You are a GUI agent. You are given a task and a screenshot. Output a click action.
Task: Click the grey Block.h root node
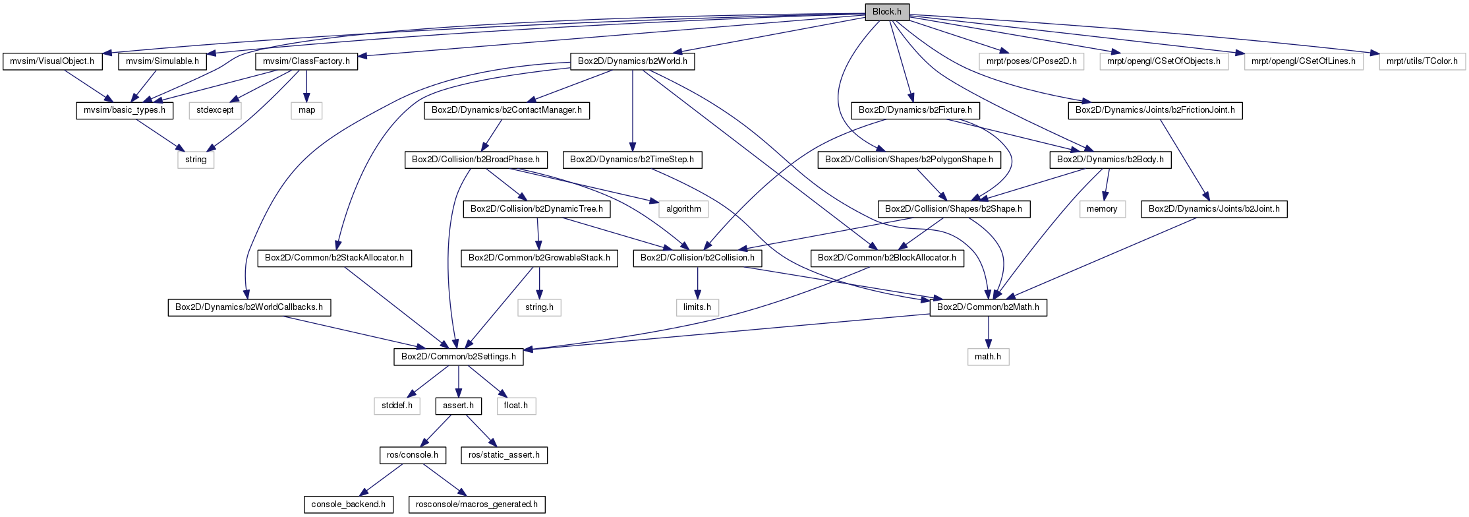coord(886,12)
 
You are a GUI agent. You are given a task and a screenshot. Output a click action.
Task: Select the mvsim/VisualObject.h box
coord(52,61)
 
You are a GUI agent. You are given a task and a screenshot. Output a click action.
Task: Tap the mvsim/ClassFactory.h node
coord(306,61)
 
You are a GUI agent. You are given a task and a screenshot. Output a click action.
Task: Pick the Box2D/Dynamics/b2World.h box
coord(632,61)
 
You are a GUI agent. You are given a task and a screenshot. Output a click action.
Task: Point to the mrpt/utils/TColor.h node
coord(1422,61)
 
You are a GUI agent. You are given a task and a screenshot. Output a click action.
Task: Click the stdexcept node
coord(215,110)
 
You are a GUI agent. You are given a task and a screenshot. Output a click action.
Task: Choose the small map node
coord(306,110)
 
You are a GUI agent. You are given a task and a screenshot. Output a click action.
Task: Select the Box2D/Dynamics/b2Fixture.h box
coord(915,110)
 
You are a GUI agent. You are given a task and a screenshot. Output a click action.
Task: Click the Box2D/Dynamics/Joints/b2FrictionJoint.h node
coord(1155,110)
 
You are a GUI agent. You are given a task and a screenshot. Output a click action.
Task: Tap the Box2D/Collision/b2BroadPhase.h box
coord(475,160)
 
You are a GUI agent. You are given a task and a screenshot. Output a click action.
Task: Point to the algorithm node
coord(683,209)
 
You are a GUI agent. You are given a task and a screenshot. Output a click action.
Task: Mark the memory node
coord(1102,209)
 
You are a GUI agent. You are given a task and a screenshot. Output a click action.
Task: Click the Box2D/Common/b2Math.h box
coord(988,307)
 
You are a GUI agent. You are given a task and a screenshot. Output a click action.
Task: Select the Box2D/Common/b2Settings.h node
coord(459,357)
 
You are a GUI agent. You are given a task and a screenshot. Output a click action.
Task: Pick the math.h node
coord(988,357)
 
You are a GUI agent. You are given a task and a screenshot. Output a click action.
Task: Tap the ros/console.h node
coord(413,455)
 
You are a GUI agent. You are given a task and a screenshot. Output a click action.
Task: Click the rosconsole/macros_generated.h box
coord(477,504)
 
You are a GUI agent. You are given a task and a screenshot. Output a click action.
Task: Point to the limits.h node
coord(697,307)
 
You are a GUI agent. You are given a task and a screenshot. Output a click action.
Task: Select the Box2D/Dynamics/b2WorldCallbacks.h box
coord(249,307)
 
